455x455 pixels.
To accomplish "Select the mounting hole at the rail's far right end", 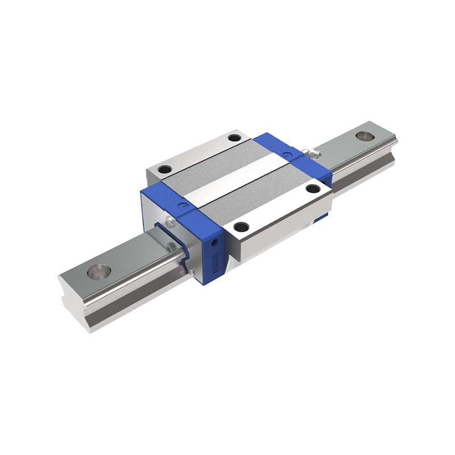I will (363, 136).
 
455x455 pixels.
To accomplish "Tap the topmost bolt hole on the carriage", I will (234, 138).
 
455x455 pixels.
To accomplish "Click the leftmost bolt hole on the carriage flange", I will (164, 169).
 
